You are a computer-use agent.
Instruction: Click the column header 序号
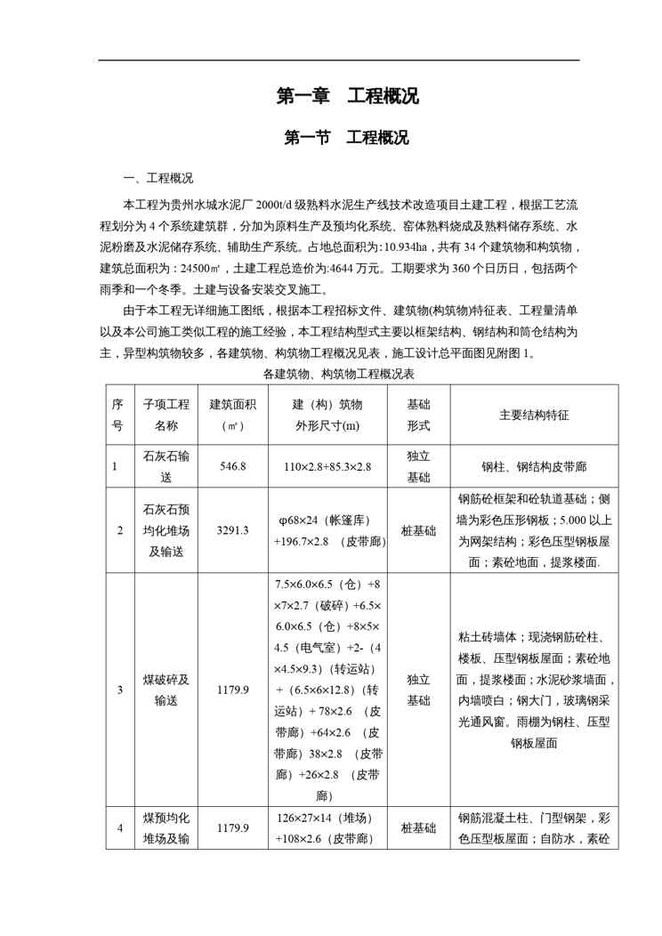tap(117, 414)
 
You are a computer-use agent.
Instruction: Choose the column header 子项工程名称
tap(165, 414)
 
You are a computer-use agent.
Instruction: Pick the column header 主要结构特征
tap(533, 414)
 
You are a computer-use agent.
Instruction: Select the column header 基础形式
tap(418, 414)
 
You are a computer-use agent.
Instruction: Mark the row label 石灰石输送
tap(165, 466)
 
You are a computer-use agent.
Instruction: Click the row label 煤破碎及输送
tap(165, 689)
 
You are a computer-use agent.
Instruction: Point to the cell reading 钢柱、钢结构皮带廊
tap(533, 466)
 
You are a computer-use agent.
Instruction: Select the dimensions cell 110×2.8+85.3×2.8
tap(327, 466)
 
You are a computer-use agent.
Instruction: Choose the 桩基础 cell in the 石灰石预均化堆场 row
tap(418, 530)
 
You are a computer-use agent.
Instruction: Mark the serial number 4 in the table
tap(119, 828)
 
